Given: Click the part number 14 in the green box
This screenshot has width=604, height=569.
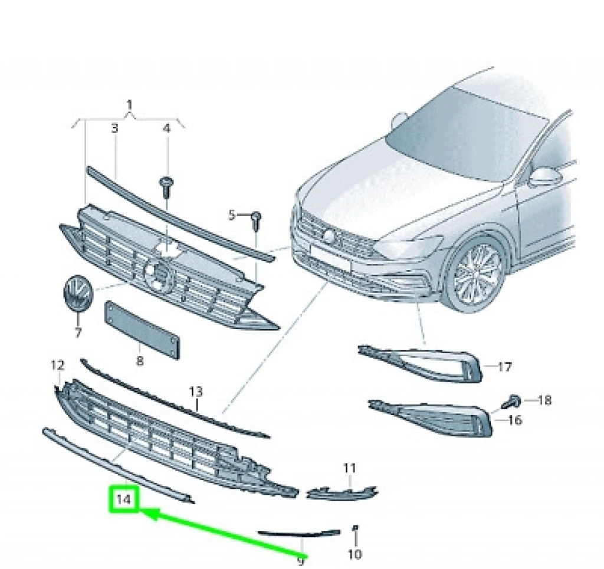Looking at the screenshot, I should pos(124,500).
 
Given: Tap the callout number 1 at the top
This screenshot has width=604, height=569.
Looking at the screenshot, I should pos(129,106).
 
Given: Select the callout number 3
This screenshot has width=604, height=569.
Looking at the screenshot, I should pos(115,128).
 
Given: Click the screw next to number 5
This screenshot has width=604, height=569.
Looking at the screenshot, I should pos(256,220).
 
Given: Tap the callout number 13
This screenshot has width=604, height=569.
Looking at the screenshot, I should pos(195,392).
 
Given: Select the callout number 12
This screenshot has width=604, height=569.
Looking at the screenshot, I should pos(57,366).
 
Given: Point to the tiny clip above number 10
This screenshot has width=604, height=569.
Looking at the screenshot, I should pos(355,527).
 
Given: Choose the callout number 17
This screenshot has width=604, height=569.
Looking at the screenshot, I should pos(504,367).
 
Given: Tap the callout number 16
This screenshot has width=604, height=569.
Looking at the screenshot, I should pos(515,420).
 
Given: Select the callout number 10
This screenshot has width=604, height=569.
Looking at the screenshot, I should pos(355,554).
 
